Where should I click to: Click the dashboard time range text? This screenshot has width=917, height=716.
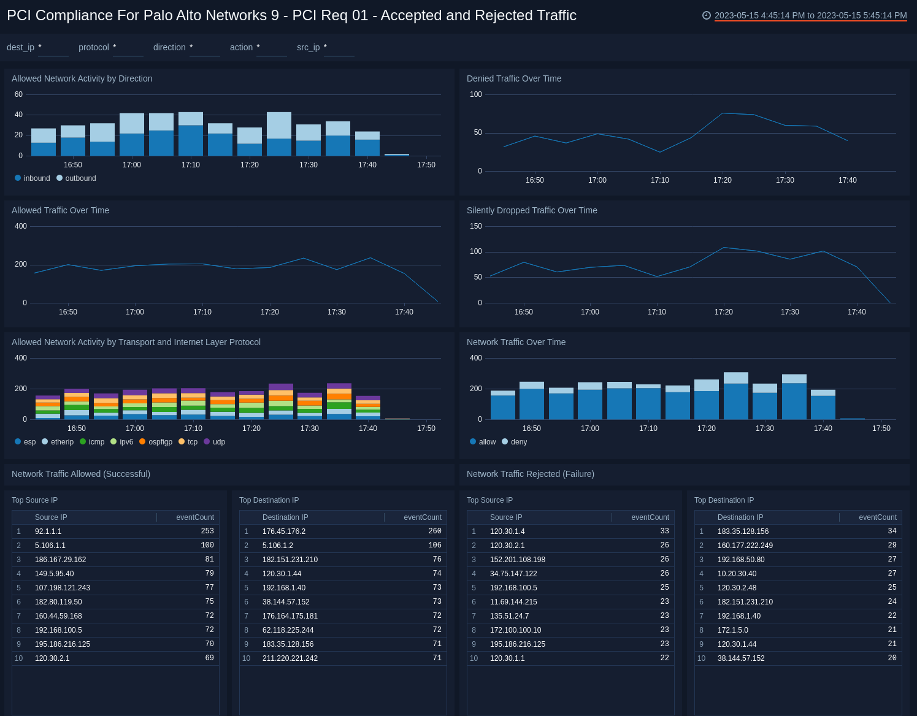click(810, 15)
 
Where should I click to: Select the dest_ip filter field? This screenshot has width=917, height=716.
click(53, 48)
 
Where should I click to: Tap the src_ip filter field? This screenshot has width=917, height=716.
click(339, 48)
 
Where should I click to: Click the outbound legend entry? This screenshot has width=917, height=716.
click(80, 178)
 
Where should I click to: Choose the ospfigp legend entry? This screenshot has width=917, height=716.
click(160, 442)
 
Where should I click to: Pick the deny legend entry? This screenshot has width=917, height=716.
click(518, 442)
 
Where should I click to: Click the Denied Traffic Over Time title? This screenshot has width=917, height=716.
click(514, 78)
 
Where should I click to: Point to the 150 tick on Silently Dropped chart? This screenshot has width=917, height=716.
click(476, 226)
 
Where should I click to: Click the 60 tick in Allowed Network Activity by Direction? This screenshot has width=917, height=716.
click(18, 94)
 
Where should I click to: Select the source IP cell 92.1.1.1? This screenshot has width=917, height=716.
click(48, 531)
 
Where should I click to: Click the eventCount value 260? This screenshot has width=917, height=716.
click(434, 531)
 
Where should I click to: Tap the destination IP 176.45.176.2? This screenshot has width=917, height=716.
click(284, 531)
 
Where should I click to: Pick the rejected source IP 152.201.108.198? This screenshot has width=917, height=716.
click(518, 560)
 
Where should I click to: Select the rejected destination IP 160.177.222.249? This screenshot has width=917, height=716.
click(745, 546)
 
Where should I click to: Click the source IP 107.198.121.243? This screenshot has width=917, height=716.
click(63, 588)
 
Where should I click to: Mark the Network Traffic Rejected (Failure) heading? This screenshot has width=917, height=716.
click(531, 474)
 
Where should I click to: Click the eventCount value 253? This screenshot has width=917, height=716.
click(207, 531)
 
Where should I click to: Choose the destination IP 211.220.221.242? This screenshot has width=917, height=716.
click(290, 658)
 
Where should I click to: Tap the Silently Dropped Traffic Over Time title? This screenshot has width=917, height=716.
click(532, 210)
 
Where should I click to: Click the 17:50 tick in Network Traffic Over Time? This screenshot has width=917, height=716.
click(881, 428)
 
